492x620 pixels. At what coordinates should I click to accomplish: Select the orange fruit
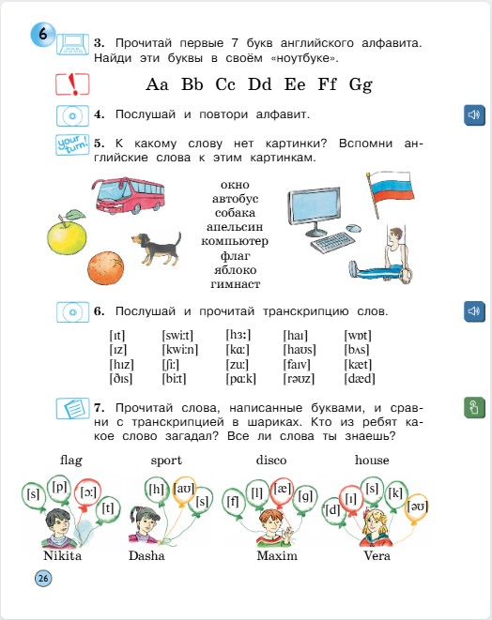pos(106,267)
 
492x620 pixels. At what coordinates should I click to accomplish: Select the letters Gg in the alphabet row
pos(361,84)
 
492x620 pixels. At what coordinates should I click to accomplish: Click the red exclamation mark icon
pos(71,84)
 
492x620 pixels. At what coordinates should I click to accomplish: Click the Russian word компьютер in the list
pos(235,241)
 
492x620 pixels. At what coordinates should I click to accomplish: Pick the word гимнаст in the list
pos(235,284)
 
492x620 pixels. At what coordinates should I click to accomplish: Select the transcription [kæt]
pos(360,364)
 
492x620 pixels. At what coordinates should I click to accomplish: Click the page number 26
pos(42,579)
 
